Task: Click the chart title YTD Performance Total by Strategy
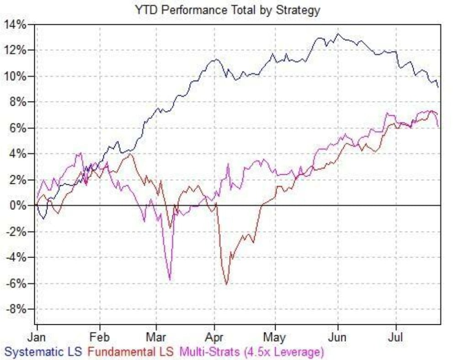coord(227,10)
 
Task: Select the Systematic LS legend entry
coord(43,352)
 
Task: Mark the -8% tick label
coord(17,309)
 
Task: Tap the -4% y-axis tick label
coord(17,258)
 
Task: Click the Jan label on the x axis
coord(37,338)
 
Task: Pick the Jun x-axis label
coord(337,338)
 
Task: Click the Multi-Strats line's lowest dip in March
coord(170,279)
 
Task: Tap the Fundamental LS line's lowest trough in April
coord(226,284)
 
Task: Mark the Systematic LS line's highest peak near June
coord(337,34)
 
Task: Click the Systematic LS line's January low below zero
coord(44,219)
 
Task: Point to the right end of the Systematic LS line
coord(438,86)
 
